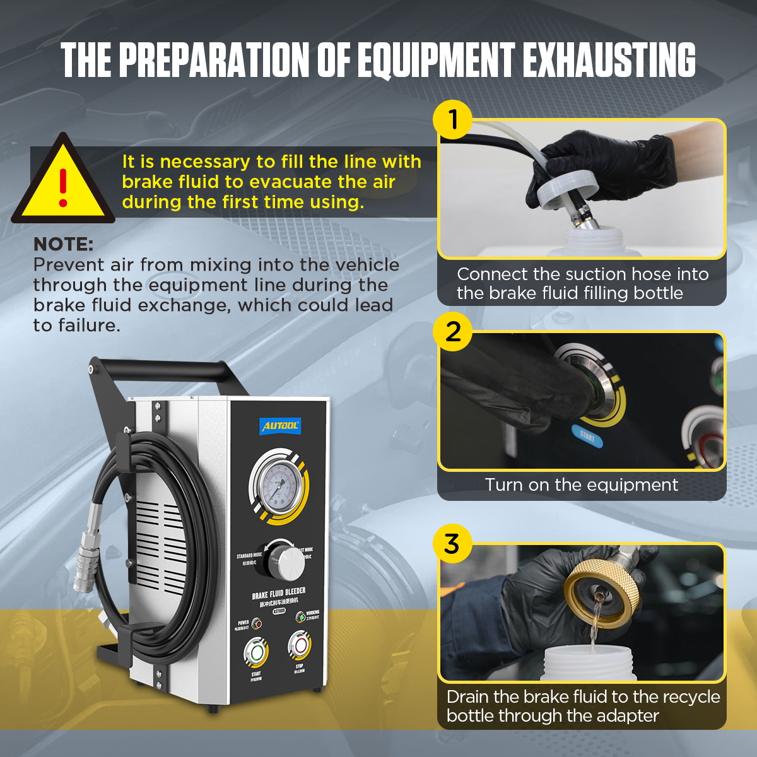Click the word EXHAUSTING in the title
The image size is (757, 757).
609,61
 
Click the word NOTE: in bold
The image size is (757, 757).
63,244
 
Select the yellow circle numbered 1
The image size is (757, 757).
453,119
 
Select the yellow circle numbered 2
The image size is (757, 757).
453,331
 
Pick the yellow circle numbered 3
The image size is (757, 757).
452,543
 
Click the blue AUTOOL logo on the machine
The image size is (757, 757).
280,426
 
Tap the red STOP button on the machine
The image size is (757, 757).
299,645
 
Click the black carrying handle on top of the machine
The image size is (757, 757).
161,369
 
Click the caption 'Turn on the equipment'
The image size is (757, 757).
581,484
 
